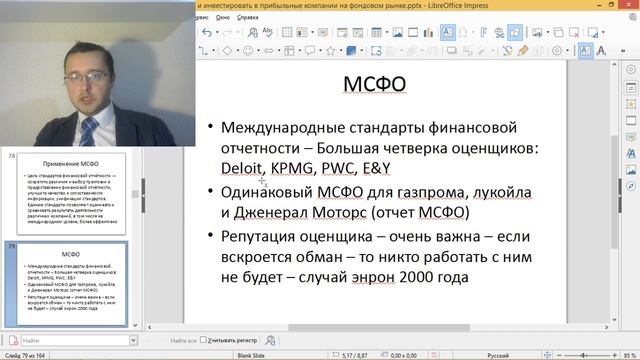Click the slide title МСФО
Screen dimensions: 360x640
click(375, 85)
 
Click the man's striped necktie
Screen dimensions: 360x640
click(89, 131)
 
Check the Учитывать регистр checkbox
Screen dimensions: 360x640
click(204, 341)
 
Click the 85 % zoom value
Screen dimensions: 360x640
click(628, 354)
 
